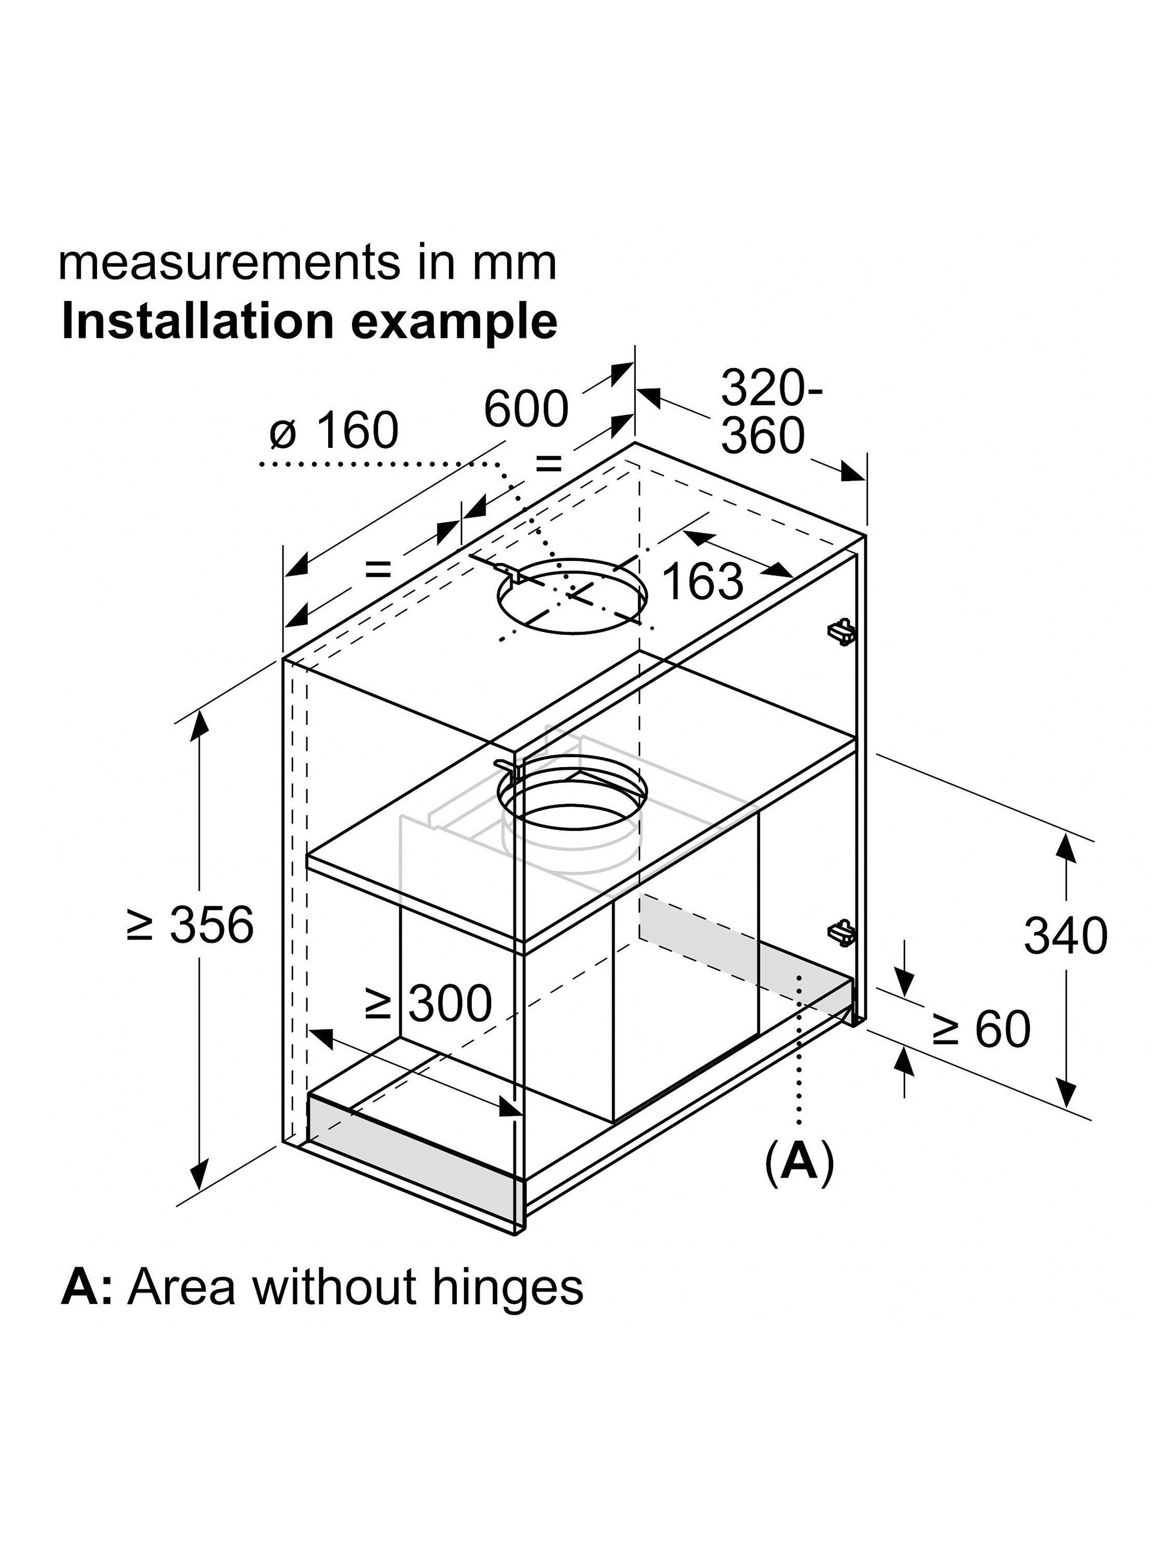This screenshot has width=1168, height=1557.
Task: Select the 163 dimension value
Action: click(x=703, y=581)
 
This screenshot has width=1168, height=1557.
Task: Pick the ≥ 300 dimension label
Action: click(x=428, y=1003)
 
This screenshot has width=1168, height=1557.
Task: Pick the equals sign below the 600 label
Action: click(x=549, y=464)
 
